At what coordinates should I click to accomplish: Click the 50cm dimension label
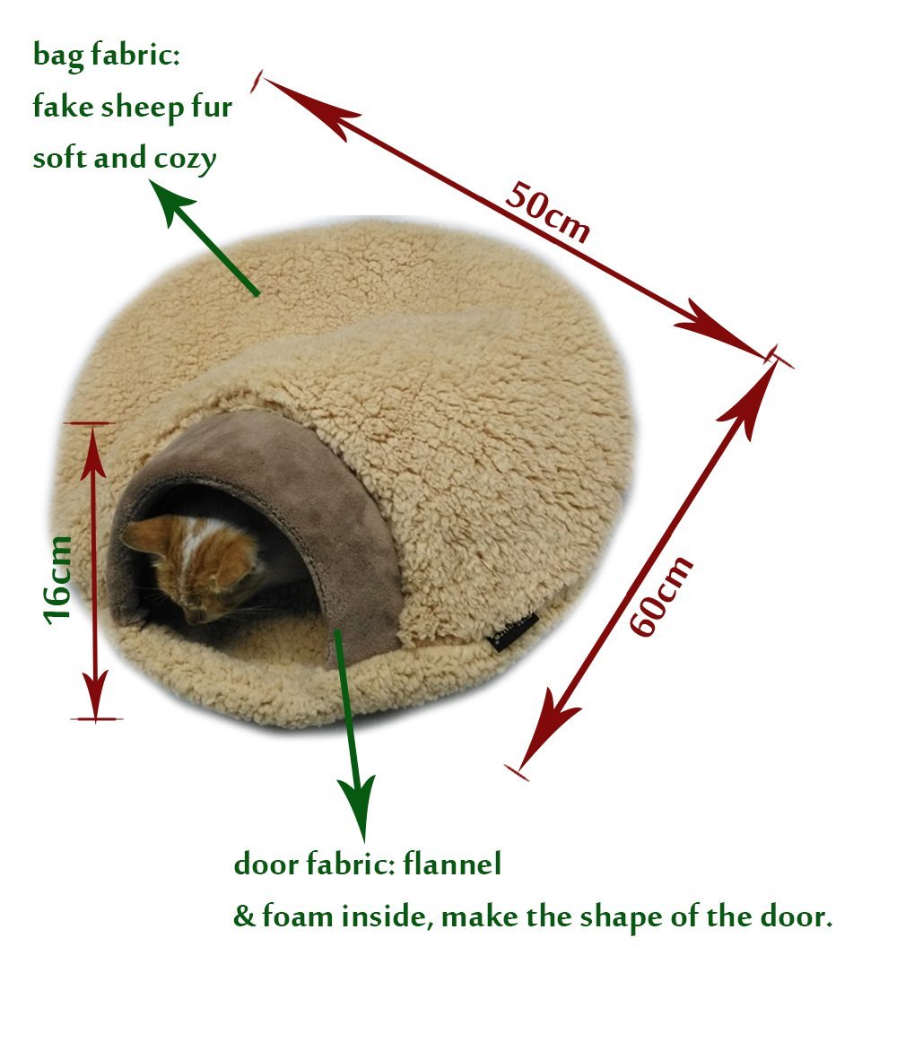click(546, 213)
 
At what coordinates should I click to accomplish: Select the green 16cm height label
click(57, 578)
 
